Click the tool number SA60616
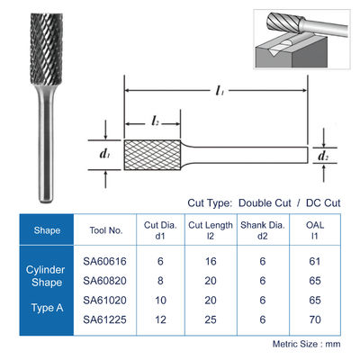pyautogui.click(x=104, y=261)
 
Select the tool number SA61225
pyautogui.click(x=104, y=319)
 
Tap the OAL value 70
pyautogui.click(x=315, y=319)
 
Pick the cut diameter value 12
pyautogui.click(x=160, y=319)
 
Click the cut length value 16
pyautogui.click(x=211, y=261)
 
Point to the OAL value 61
pyautogui.click(x=315, y=261)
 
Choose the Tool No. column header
pyautogui.click(x=106, y=230)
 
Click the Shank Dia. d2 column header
pyautogui.click(x=263, y=230)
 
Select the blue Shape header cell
pyautogui.click(x=47, y=229)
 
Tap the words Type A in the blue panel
pyautogui.click(x=47, y=308)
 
